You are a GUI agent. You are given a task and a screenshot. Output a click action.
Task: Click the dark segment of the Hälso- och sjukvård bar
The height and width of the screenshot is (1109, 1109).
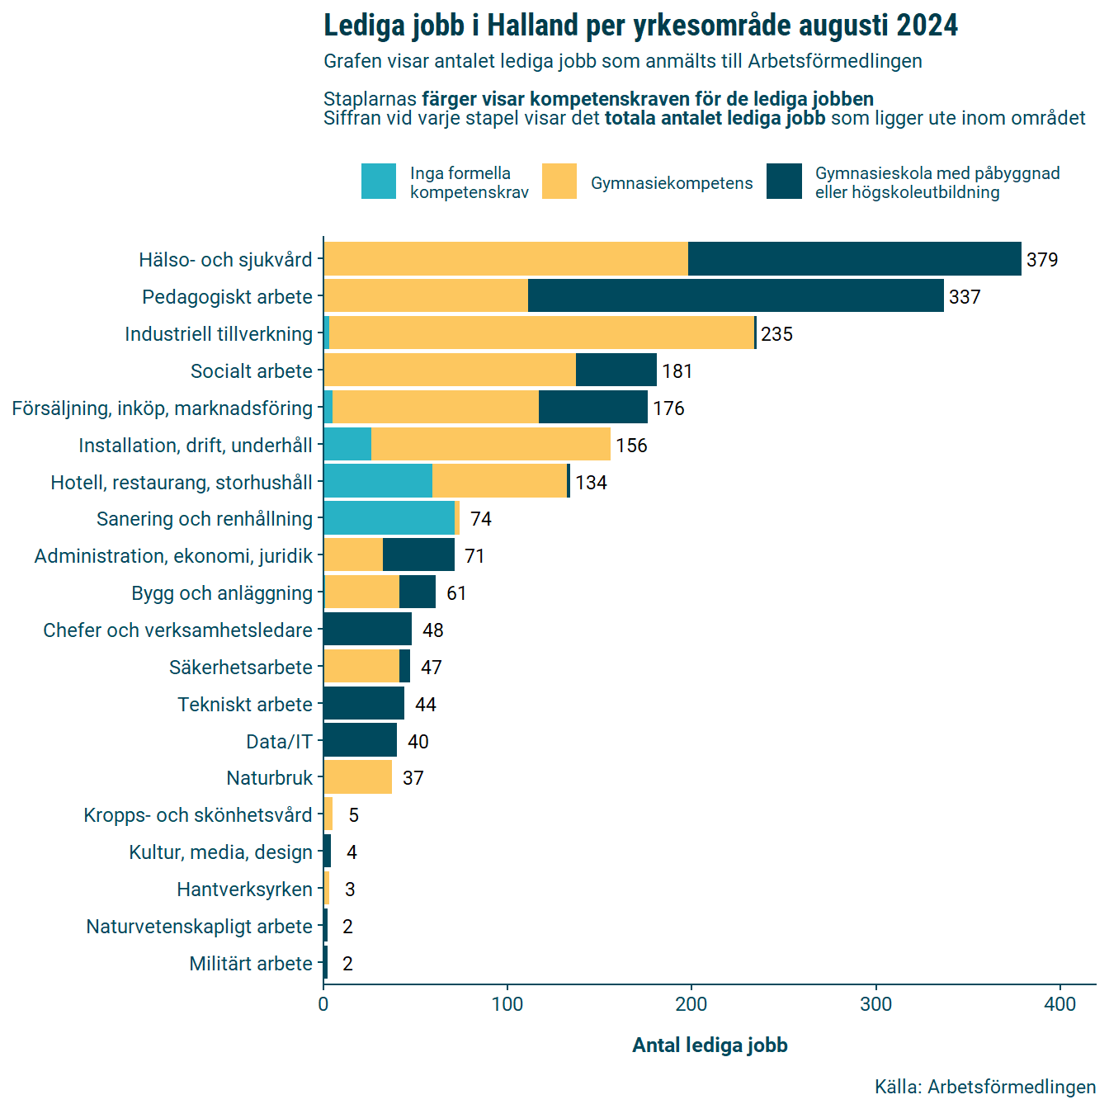[x=854, y=259]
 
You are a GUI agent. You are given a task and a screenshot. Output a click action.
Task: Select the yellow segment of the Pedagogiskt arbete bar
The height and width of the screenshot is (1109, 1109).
[x=426, y=296]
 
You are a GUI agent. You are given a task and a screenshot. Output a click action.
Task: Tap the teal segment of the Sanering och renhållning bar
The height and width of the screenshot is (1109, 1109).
[x=389, y=518]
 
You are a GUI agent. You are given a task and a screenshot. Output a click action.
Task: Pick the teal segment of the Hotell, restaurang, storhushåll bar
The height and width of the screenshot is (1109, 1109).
[x=378, y=482]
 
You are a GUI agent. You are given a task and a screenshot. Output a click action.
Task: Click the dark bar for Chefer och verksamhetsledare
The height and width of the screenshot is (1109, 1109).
[x=367, y=630]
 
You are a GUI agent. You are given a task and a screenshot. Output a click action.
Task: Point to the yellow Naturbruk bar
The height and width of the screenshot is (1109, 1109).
[x=357, y=777]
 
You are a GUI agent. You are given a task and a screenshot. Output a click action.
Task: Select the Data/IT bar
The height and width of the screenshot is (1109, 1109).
[x=360, y=740]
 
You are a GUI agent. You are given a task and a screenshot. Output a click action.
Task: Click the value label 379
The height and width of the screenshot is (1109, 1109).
[x=1042, y=260]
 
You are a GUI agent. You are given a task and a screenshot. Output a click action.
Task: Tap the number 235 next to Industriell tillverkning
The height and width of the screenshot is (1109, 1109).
[x=776, y=334]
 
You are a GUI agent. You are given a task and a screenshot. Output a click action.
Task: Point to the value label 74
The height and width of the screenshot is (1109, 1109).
[x=481, y=519]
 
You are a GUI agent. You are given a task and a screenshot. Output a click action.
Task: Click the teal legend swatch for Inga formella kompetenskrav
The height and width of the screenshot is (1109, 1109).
[x=379, y=182]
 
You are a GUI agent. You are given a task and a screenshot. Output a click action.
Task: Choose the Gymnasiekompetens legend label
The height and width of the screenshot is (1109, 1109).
[x=672, y=183]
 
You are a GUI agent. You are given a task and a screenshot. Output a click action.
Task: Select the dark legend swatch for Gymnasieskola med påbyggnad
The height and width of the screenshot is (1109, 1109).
[x=784, y=182]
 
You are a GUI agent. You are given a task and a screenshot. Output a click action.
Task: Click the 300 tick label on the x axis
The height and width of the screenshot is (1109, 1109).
[x=875, y=1004]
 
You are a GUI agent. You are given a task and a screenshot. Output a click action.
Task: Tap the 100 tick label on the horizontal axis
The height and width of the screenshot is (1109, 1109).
[x=507, y=1004]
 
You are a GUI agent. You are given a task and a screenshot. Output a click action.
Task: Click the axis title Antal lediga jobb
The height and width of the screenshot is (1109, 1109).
[x=710, y=1045]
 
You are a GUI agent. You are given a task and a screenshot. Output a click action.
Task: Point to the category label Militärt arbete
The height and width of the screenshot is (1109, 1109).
[x=251, y=964]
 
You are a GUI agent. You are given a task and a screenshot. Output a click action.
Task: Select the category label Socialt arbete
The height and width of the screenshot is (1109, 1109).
[x=252, y=371]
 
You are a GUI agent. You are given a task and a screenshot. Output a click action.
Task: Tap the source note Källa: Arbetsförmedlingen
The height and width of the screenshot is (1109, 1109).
[x=985, y=1087]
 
